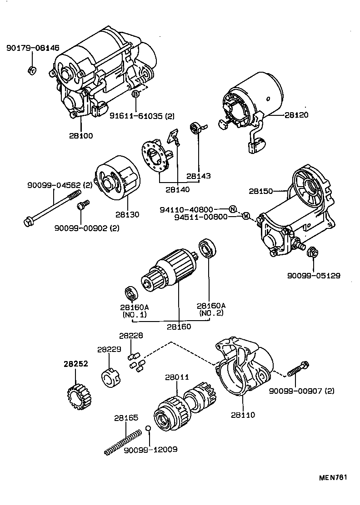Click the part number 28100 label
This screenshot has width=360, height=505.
click(x=81, y=135)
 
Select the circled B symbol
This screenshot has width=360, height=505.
click(x=135, y=94)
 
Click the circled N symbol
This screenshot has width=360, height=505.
click(x=232, y=209)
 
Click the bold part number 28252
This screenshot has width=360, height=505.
click(x=75, y=364)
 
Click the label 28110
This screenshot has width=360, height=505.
click(x=243, y=415)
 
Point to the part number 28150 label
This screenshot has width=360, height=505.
click(x=261, y=191)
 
